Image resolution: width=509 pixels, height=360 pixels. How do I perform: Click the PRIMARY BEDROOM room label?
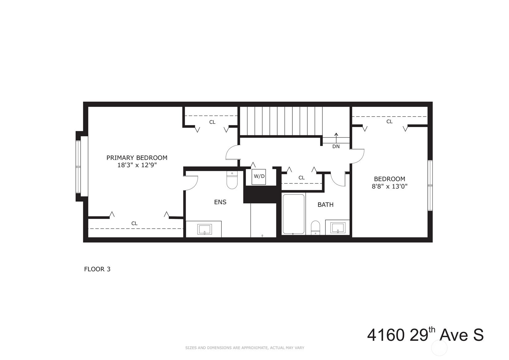tap(137, 158)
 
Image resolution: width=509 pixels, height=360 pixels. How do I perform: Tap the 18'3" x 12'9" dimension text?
tap(137, 165)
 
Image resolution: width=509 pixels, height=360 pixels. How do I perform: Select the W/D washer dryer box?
tap(259, 176)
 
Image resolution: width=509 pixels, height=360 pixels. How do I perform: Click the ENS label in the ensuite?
tap(220, 202)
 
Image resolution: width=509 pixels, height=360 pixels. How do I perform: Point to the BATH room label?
tap(325, 205)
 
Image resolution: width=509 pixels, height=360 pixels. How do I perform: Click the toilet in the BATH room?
tap(316, 228)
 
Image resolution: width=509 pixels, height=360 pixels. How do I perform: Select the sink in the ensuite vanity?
tap(205, 229)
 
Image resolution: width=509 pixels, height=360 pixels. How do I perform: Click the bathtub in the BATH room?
tap(294, 214)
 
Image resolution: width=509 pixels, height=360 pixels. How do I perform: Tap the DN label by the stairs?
tap(336, 147)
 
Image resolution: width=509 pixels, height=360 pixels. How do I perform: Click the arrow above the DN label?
tap(336, 138)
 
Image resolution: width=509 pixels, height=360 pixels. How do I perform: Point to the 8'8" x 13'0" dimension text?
tap(389, 186)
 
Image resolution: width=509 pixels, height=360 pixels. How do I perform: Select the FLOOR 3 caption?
tap(97, 269)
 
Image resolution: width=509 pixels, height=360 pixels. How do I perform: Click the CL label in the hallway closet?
tap(302, 178)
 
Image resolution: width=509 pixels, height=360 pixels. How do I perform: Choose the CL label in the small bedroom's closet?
tap(389, 122)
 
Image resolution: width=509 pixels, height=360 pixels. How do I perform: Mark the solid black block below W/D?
tap(261, 195)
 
